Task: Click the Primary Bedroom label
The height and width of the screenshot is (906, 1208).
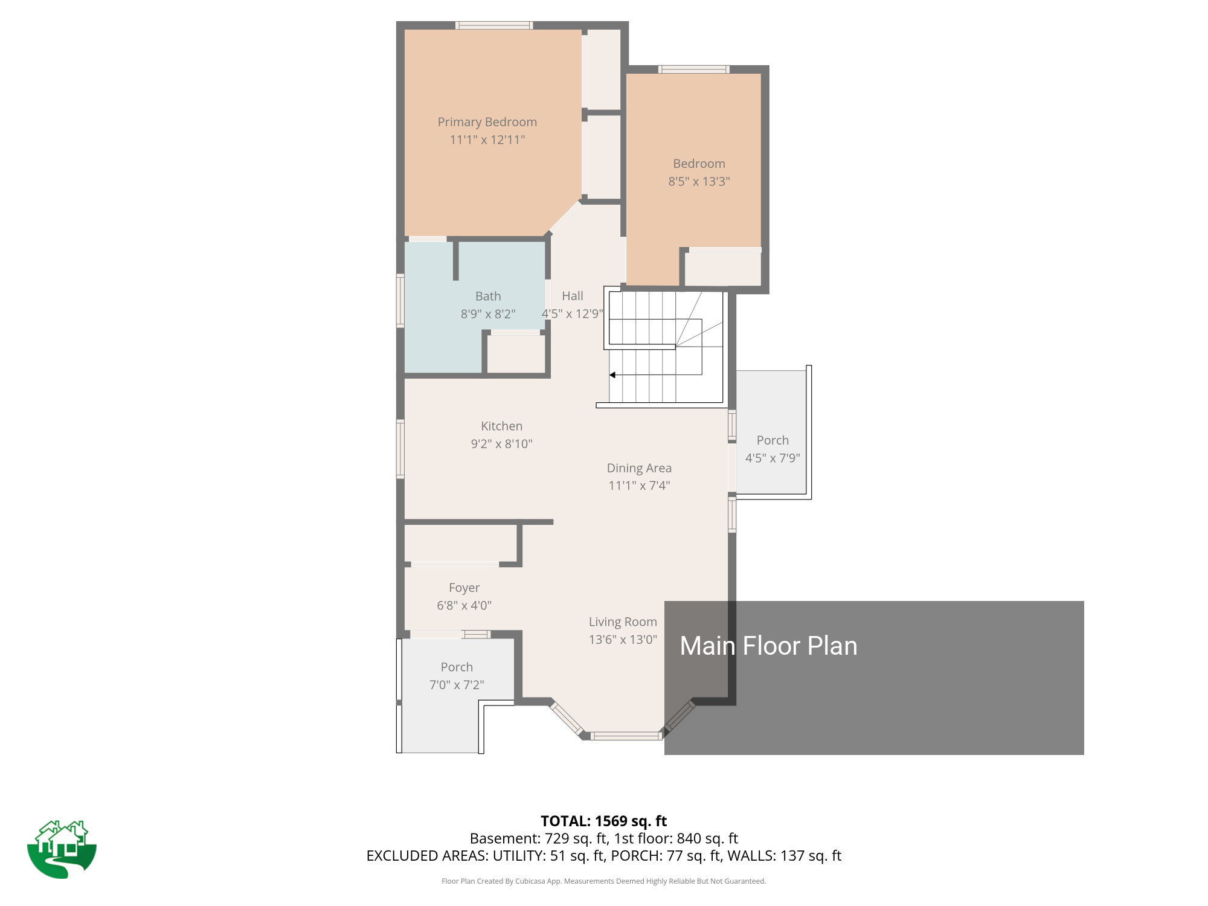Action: point(487,122)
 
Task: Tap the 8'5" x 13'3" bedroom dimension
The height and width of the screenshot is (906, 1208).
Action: point(699,181)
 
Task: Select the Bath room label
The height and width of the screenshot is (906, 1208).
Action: point(487,296)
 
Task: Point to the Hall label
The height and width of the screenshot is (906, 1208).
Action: point(572,296)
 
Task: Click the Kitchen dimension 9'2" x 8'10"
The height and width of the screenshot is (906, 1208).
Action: point(501,444)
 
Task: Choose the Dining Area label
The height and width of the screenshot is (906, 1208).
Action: point(638,468)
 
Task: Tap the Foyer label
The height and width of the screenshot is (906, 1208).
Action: point(464,588)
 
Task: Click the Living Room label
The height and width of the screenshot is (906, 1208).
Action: point(622,622)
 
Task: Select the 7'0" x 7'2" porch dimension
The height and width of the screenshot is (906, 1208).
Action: point(457,685)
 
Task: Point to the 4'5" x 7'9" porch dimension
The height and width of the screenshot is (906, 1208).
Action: point(772,458)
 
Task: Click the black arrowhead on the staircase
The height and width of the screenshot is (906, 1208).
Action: point(612,375)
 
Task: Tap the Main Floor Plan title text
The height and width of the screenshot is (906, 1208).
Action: point(768,646)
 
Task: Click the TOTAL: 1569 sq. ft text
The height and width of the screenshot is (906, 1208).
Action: point(603,821)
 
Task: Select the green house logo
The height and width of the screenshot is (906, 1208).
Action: point(62,849)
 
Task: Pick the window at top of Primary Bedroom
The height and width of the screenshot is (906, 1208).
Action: point(493,25)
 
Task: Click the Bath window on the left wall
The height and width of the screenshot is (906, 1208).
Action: point(400,300)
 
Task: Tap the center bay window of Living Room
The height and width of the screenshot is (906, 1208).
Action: point(625,736)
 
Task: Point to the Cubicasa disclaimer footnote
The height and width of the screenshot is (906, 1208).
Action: point(603,881)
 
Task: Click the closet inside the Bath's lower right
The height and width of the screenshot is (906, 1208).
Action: point(515,354)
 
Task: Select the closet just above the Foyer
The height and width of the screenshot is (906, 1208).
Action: point(460,544)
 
